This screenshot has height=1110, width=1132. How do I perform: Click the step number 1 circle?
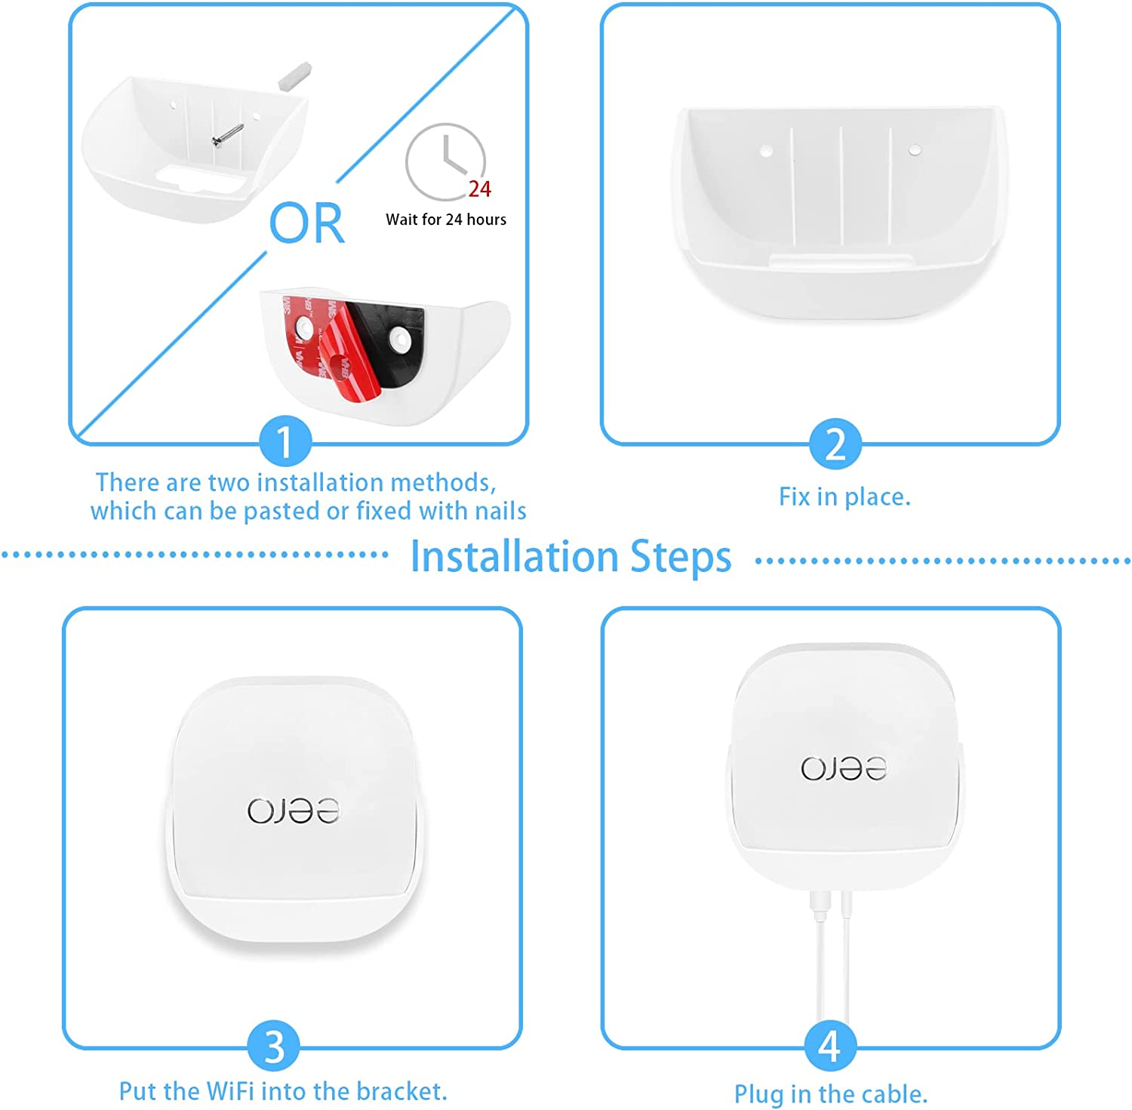tap(285, 442)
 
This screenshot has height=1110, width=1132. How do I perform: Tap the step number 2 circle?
tap(835, 444)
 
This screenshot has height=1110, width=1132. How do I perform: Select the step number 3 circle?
tap(274, 1046)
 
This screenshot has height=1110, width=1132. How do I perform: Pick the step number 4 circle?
tap(829, 1046)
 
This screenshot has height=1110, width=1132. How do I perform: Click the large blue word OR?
tap(306, 224)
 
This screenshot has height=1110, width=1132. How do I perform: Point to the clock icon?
tap(444, 161)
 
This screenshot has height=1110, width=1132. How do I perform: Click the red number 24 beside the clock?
tap(479, 189)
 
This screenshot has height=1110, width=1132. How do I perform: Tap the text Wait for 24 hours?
tap(446, 220)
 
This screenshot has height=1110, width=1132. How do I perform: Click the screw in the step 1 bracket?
tap(227, 136)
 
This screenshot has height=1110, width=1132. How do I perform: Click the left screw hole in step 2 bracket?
tap(766, 151)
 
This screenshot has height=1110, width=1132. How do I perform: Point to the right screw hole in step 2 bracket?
tap(914, 149)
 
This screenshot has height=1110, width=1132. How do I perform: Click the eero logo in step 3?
tap(294, 810)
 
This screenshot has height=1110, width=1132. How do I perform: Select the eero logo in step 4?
tap(844, 768)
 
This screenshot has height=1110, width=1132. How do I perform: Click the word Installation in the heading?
tap(514, 557)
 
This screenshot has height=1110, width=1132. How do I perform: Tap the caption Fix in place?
tap(844, 497)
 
